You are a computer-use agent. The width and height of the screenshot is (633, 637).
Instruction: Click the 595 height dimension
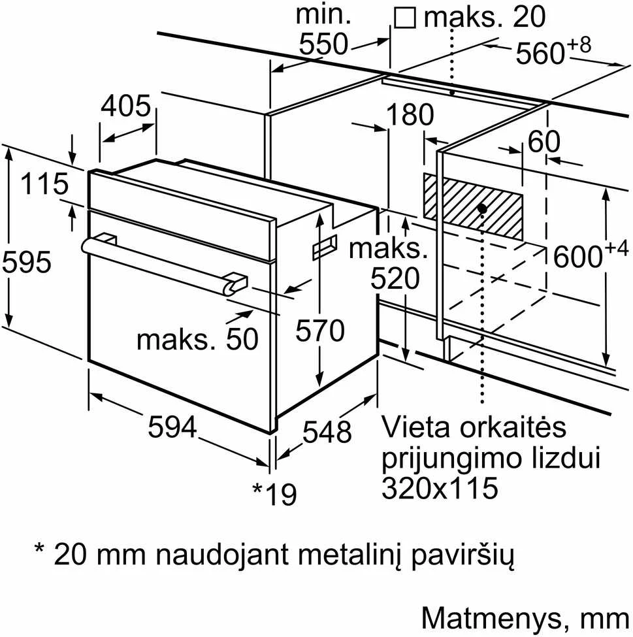[27, 261]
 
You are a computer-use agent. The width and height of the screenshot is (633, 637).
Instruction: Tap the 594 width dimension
[172, 427]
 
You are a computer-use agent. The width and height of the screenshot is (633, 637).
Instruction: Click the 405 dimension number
[126, 106]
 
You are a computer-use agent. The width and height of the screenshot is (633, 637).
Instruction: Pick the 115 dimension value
[44, 184]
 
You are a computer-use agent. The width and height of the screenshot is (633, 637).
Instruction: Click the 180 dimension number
[410, 114]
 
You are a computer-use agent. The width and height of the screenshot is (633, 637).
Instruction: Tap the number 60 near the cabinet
[544, 141]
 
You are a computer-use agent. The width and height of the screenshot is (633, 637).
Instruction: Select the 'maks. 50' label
[197, 339]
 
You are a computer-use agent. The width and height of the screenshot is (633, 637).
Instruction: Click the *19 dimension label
[274, 493]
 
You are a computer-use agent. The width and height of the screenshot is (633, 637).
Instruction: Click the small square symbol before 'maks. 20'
[405, 18]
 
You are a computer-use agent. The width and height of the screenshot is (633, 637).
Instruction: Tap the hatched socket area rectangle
[472, 206]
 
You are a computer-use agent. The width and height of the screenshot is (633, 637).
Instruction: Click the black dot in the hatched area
[482, 209]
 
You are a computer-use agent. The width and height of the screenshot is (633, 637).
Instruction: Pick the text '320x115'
[440, 487]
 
